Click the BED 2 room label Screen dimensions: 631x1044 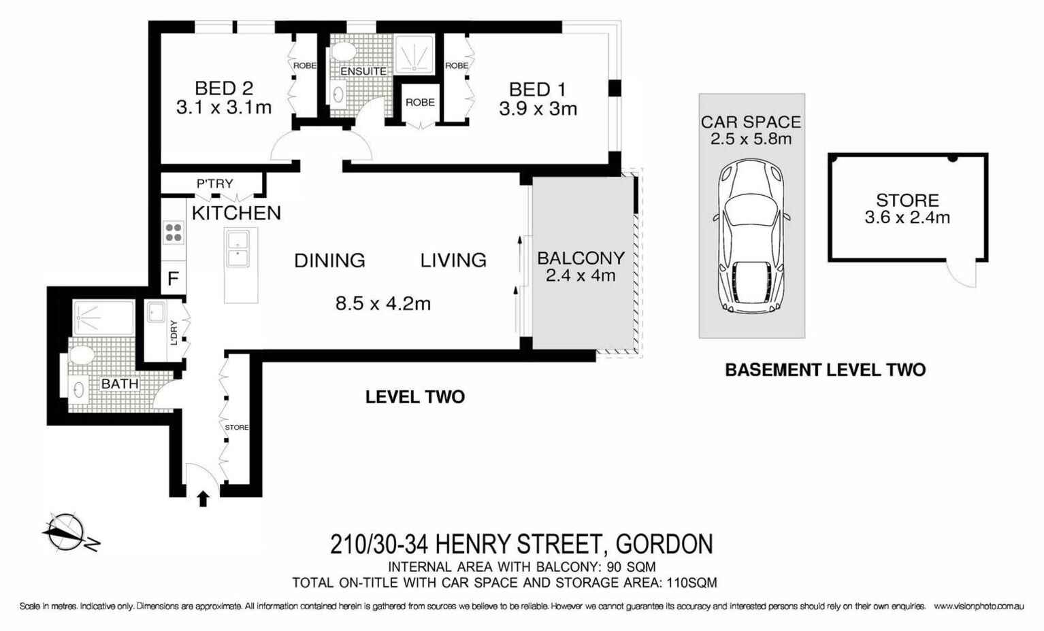[x=223, y=88]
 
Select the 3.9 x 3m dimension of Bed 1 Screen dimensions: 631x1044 [x=538, y=109]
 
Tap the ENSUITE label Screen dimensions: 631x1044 [x=363, y=71]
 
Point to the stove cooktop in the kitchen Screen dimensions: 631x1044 [x=174, y=233]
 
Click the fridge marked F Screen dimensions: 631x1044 [x=174, y=279]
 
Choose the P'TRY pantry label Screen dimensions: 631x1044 [x=214, y=184]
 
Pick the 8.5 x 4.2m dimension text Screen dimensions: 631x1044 [x=382, y=303]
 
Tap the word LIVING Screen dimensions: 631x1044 [x=453, y=260]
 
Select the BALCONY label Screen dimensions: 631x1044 [x=581, y=258]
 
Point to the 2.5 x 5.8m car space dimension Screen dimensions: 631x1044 [x=751, y=139]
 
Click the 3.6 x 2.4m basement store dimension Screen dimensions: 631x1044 [x=907, y=218]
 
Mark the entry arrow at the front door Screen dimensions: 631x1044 [x=203, y=499]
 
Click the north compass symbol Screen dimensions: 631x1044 [x=67, y=532]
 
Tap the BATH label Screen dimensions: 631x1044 [x=120, y=384]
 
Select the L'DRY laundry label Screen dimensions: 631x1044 [x=174, y=332]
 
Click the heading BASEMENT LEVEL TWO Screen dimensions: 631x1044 [x=825, y=370]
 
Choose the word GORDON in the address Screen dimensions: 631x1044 [x=664, y=545]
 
